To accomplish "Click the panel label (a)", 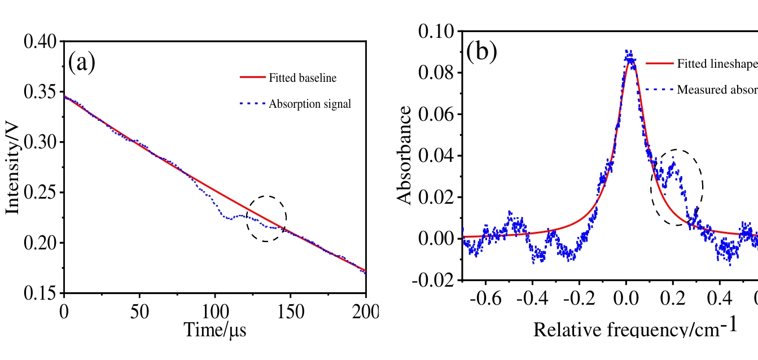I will [x=82, y=62].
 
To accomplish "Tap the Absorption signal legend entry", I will [x=310, y=104].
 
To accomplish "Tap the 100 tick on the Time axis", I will [x=215, y=311].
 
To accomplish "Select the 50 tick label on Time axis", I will [x=140, y=311].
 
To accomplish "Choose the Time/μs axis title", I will [x=215, y=328].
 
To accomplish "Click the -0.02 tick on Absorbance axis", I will [x=435, y=280].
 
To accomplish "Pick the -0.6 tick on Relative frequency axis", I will [x=485, y=298].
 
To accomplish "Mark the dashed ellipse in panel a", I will [x=266, y=219].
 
